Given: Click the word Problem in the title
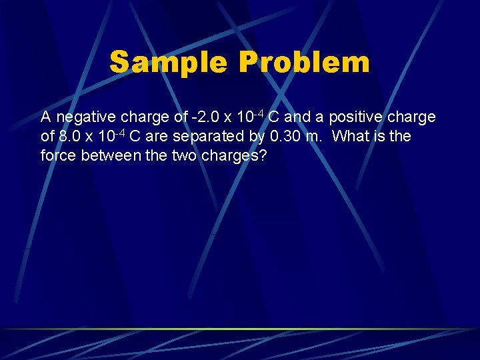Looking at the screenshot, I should tap(303, 63).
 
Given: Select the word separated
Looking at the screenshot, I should tap(217, 137).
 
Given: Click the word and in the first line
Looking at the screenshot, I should tap(297, 118).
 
